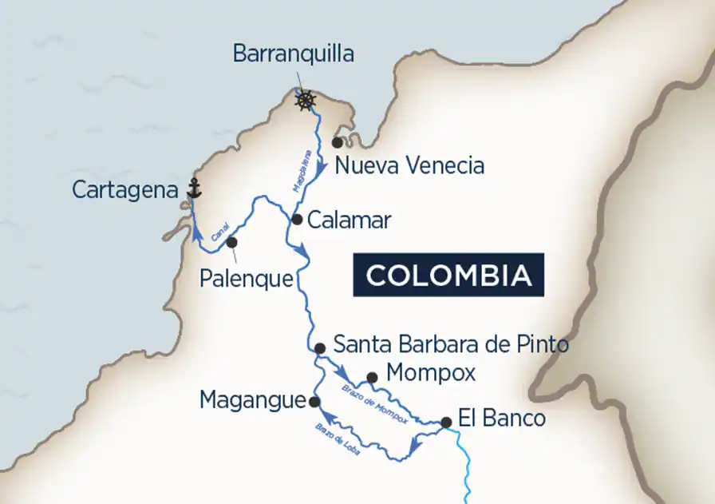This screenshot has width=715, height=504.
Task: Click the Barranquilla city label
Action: click(x=293, y=54)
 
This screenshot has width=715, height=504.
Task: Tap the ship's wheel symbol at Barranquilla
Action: click(x=305, y=101)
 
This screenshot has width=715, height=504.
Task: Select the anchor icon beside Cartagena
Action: click(x=192, y=189)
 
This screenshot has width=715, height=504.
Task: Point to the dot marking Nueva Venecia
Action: click(x=338, y=142)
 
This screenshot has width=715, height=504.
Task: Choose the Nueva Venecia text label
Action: click(x=409, y=166)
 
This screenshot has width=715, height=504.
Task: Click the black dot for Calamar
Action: click(x=296, y=219)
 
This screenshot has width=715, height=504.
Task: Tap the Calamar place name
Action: click(x=349, y=220)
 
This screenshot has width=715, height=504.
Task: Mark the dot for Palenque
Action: click(x=231, y=242)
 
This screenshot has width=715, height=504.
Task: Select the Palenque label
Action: click(x=247, y=280)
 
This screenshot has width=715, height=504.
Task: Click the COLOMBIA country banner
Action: click(x=448, y=275)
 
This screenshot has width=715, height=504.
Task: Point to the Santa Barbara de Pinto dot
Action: click(x=319, y=348)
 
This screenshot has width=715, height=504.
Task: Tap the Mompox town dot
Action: click(x=372, y=377)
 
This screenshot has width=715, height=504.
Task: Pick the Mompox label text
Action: click(x=430, y=373)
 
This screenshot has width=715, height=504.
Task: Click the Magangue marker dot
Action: click(x=314, y=402)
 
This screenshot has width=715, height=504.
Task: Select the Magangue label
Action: click(x=253, y=399)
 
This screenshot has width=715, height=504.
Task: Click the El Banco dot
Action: click(x=446, y=423)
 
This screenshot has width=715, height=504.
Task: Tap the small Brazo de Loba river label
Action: click(x=338, y=439)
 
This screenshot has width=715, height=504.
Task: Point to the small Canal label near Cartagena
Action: click(x=220, y=234)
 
